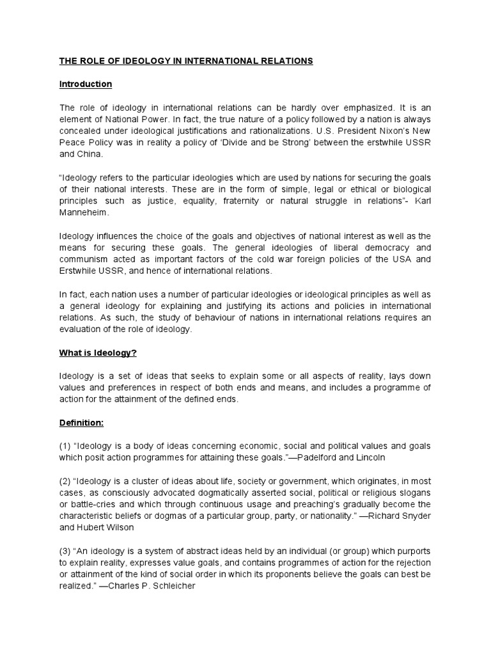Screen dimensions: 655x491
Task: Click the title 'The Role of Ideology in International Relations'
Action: point(186,61)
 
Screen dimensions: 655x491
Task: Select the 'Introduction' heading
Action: point(86,84)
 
